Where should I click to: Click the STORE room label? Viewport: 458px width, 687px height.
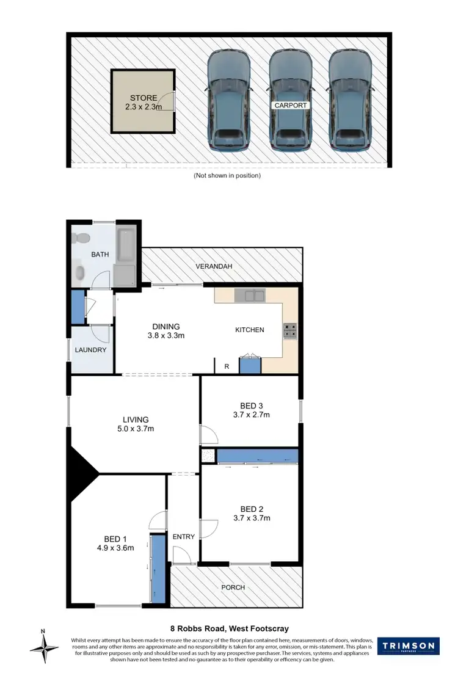coord(144,98)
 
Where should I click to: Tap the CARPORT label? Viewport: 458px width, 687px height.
coord(291,105)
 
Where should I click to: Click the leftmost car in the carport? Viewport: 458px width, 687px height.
coord(228,101)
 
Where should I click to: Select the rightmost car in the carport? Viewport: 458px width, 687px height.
coord(350,101)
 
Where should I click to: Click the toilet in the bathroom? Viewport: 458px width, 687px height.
coord(80,238)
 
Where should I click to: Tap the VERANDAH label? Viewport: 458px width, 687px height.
coord(214,267)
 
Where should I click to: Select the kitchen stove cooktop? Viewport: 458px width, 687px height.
coord(289,330)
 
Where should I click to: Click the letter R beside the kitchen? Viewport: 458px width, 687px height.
coord(227,366)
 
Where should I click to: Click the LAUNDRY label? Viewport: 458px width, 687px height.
coord(91,350)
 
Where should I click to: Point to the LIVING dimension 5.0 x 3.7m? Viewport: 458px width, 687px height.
coord(136,428)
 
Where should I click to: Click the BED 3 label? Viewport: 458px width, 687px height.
coord(252,405)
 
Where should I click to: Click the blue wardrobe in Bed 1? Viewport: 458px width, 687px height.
coord(159,569)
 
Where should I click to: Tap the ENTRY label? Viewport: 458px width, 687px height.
coord(183,537)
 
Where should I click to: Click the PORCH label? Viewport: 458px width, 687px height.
coord(233,587)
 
